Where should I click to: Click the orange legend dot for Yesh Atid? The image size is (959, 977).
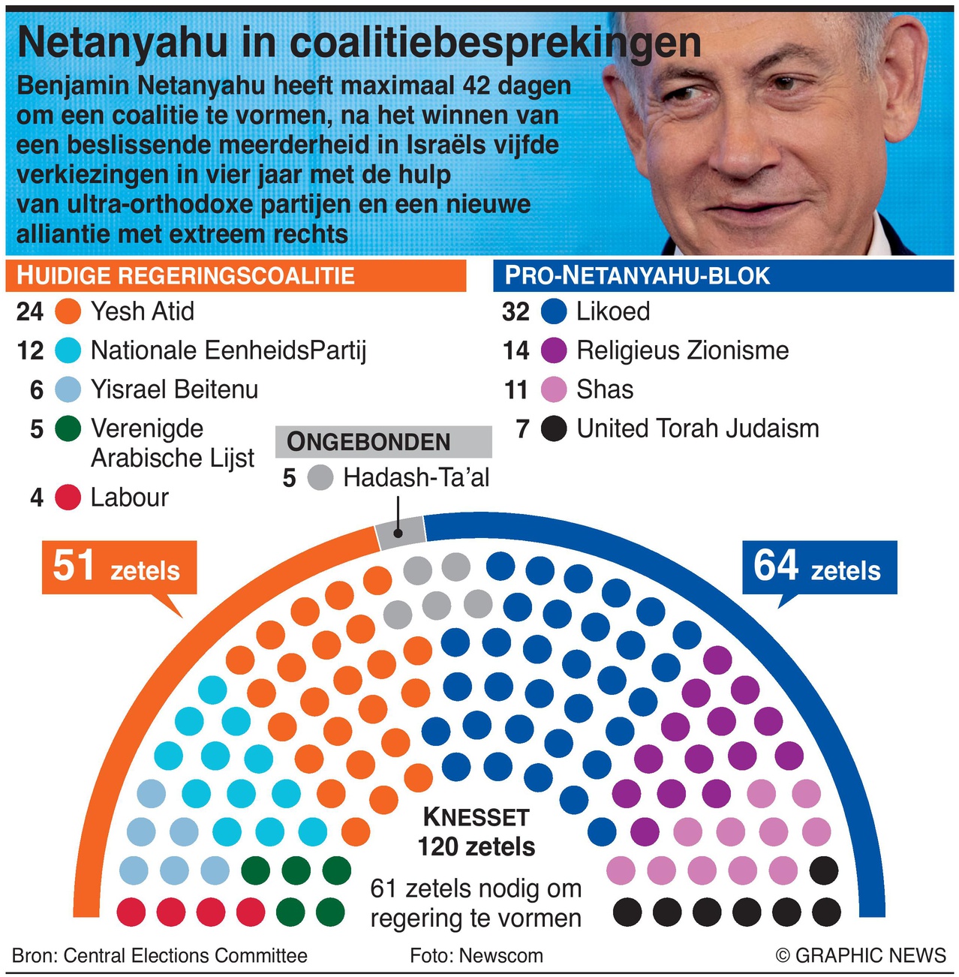coord(68,311)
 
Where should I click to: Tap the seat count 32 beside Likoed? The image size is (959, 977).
coord(516,311)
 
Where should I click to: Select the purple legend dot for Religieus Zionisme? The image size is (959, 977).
coord(554,350)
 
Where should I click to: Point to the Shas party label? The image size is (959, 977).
coord(604,389)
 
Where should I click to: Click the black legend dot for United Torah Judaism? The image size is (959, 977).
coord(554,428)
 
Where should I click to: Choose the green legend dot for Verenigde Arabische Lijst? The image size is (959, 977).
coord(68,428)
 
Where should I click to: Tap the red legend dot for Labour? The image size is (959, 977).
coord(68,497)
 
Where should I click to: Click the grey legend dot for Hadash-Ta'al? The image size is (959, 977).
coord(320,477)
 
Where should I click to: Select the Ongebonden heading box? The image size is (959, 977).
coord(383,442)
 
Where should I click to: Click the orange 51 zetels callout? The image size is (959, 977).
coord(119,567)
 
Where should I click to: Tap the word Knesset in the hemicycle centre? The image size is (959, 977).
coord(476,817)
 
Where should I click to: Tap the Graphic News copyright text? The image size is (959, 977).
coord(861,955)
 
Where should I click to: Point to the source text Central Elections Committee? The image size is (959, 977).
coord(185,955)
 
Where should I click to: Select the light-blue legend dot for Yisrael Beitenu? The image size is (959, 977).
coord(68,389)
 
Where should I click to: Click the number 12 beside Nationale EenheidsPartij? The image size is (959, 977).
coord(30,350)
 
